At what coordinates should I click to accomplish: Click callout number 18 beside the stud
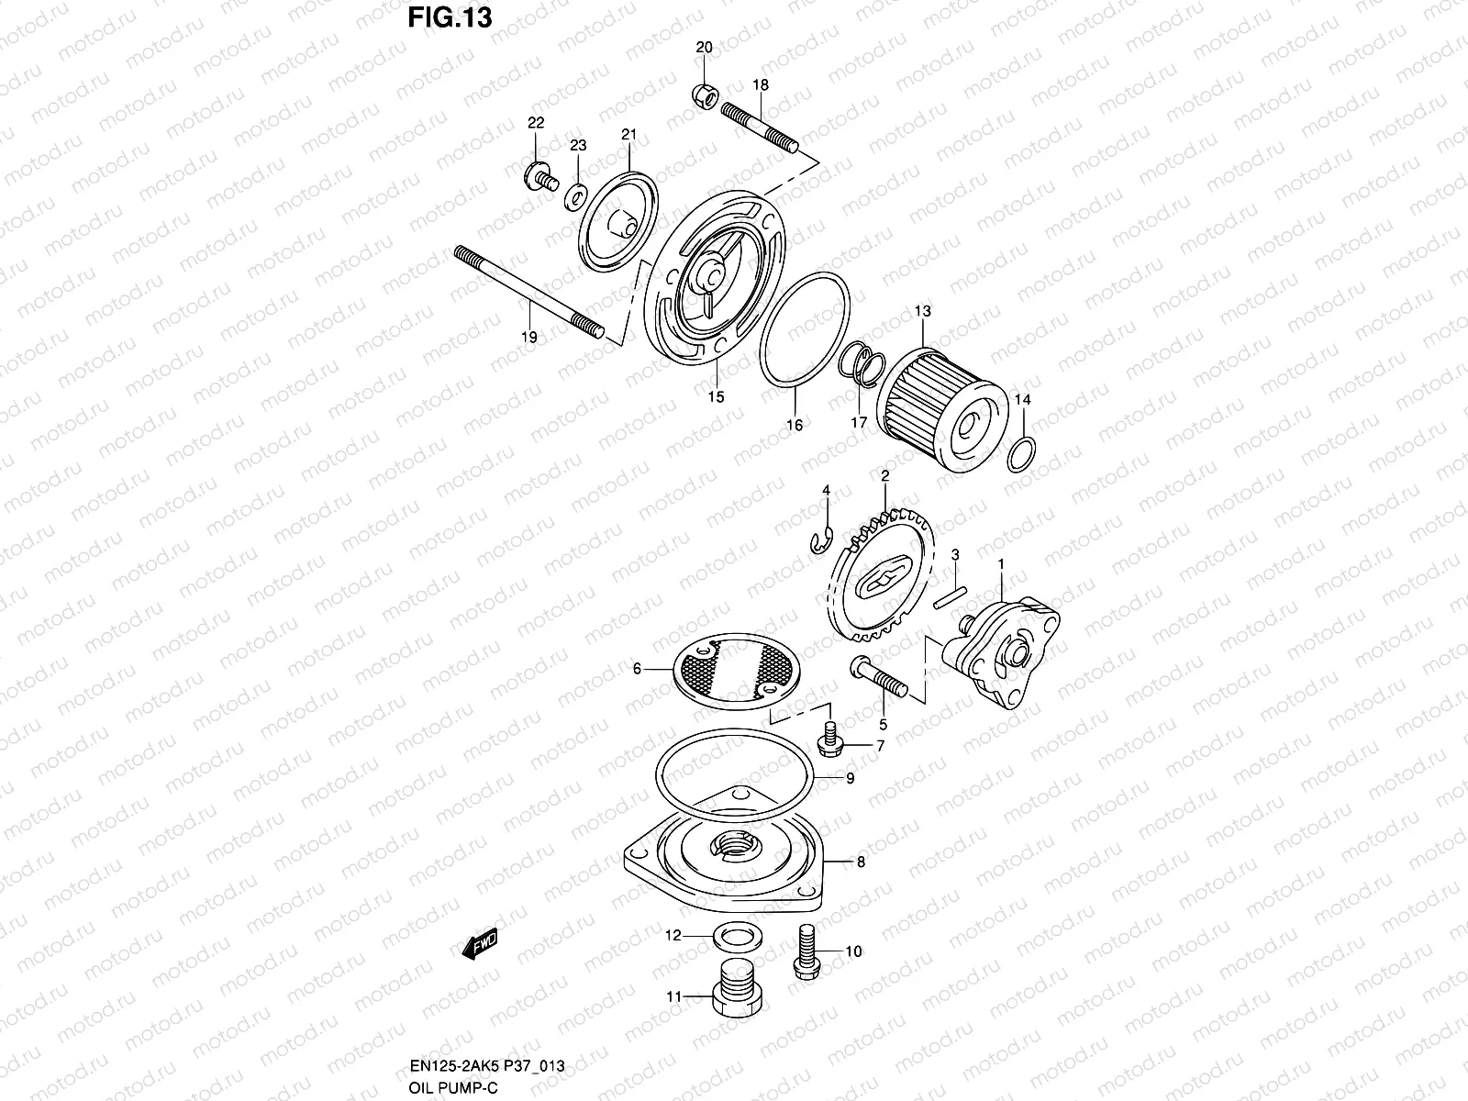point(761,84)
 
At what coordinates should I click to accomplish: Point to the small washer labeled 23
point(577,194)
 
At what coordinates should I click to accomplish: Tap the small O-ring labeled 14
point(1022,454)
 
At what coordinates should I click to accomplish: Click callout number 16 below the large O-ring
point(795,426)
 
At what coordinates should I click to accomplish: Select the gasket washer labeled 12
point(730,937)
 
